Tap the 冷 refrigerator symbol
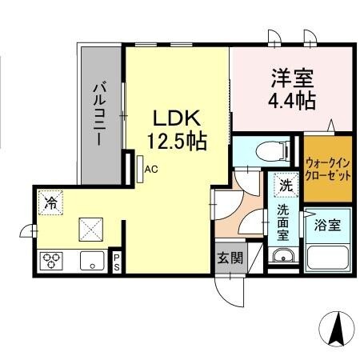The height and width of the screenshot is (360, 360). [x=51, y=202]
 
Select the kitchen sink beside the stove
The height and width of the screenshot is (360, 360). [x=90, y=260]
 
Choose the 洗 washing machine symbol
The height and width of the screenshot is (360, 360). [x=286, y=185]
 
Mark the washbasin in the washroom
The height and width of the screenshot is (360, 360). [x=282, y=258]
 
